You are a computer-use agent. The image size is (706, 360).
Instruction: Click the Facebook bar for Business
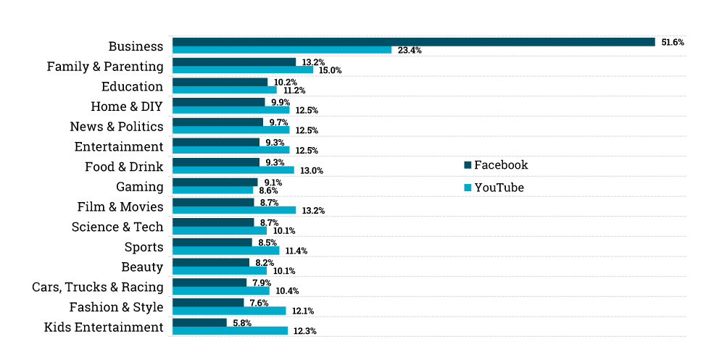coord(413,42)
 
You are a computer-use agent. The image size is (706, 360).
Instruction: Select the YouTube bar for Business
coord(282,50)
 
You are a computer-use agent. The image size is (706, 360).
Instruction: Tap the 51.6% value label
coord(672,43)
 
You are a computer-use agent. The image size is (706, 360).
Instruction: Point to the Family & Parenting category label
coord(105,67)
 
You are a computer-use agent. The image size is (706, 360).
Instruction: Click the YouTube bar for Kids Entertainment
coord(230,331)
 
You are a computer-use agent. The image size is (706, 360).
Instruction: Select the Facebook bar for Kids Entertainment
coord(199,322)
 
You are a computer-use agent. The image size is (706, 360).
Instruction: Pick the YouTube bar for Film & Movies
coord(234,210)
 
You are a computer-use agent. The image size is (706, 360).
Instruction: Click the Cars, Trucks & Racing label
coord(98,287)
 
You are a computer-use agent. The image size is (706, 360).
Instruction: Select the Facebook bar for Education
coord(220,82)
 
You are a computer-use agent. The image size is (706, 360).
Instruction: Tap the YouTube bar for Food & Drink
coord(233,170)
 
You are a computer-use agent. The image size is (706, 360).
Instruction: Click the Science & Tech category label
coord(117,227)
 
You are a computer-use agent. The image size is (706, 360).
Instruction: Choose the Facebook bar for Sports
coord(212,242)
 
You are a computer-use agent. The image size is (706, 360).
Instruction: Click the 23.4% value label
coord(410,51)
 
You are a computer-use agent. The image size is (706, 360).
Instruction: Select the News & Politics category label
coord(117,127)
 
